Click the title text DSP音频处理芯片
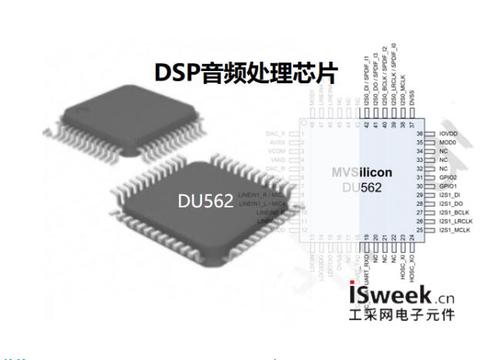pos(241,72)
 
